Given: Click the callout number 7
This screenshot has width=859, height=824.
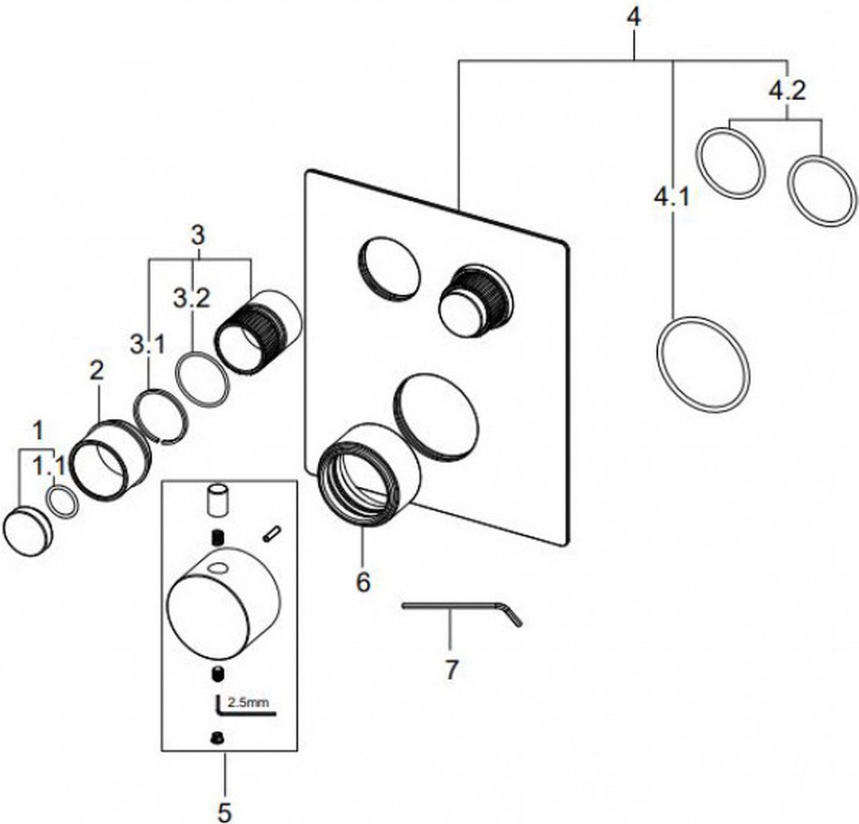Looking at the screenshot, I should [x=450, y=671].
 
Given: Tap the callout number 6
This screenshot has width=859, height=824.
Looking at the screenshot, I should [x=363, y=582].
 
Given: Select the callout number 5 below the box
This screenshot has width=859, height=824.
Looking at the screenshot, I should [x=224, y=811].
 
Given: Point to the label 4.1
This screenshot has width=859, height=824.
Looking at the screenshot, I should [x=672, y=196].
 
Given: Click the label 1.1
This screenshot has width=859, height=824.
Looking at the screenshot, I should [x=50, y=467].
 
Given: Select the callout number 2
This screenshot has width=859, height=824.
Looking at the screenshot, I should [x=96, y=370].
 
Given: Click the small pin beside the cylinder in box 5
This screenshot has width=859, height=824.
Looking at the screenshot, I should [x=271, y=533].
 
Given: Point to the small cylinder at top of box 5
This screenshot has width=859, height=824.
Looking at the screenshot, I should [x=217, y=498].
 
